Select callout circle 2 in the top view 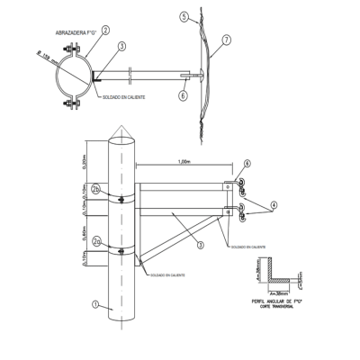pyautogui.click(x=105, y=30)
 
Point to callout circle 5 pyautogui.click(x=183, y=16)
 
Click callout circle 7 pyautogui.click(x=227, y=40)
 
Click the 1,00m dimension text pyautogui.click(x=187, y=162)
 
